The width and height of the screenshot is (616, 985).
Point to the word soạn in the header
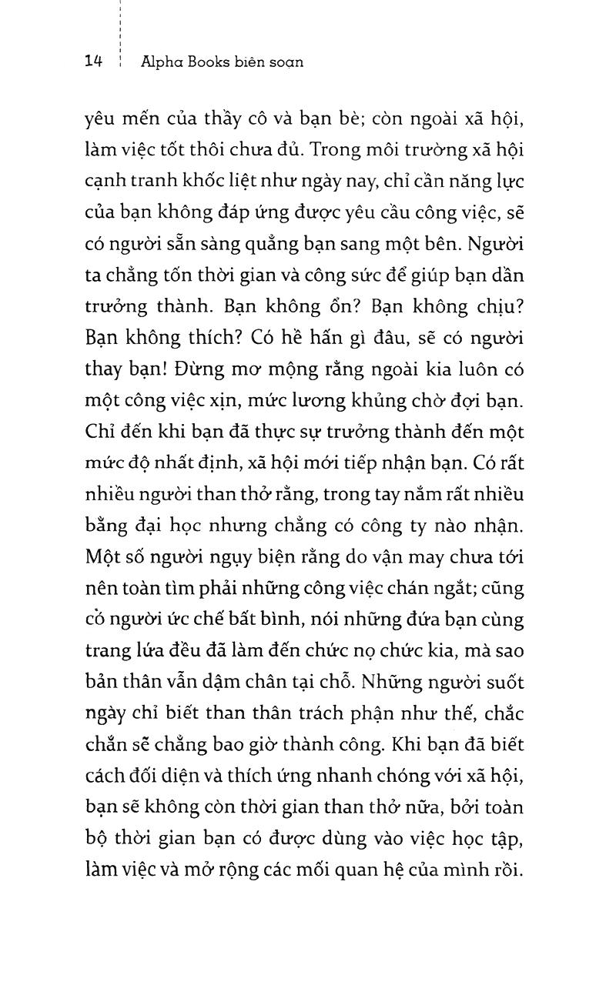(284, 62)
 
